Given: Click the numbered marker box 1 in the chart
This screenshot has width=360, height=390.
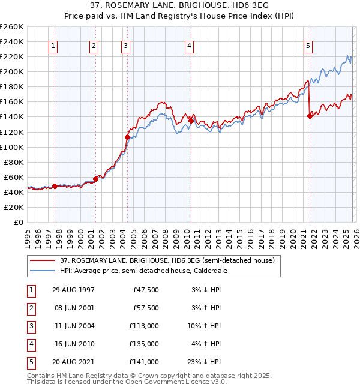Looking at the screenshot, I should [x=53, y=46].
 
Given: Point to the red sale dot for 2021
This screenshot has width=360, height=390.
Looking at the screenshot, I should [x=310, y=116].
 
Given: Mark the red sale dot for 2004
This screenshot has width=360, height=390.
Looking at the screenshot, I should [x=127, y=137].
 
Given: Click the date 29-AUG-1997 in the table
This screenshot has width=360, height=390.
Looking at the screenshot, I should [x=73, y=290].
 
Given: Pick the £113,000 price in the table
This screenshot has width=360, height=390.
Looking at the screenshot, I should [x=145, y=326].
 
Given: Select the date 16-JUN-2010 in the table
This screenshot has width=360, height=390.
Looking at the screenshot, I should [x=73, y=344].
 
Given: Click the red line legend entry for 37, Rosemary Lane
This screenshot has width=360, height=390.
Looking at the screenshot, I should [x=167, y=260].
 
